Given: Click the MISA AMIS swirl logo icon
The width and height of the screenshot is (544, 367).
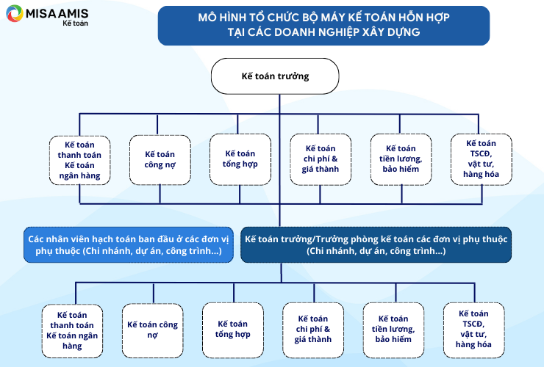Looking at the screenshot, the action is (15, 13).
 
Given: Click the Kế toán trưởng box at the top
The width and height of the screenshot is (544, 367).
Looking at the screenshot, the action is (275, 76).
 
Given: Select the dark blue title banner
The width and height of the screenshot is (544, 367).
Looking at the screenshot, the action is (323, 26).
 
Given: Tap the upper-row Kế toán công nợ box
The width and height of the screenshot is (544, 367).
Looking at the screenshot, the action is (160, 160).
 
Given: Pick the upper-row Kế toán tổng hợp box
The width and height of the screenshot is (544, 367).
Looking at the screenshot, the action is (240, 159).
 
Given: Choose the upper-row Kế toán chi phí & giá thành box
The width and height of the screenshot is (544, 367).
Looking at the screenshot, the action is (321, 159).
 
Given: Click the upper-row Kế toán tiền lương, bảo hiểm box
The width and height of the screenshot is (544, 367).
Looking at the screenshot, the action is (401, 159).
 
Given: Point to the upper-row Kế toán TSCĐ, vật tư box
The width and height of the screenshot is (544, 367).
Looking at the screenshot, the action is (482, 159).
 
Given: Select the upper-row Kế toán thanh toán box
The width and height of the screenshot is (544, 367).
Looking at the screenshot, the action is (79, 160).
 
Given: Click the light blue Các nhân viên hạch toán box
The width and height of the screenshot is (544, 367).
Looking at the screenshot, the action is (129, 244).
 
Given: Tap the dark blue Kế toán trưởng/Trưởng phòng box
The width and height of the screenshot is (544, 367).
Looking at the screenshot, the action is (376, 244).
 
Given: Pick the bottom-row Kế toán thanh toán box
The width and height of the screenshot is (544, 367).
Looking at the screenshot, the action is (72, 331).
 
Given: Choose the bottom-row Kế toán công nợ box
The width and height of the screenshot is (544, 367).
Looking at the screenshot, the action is (152, 330).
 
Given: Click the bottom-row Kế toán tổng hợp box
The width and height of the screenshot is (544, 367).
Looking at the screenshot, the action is (233, 330).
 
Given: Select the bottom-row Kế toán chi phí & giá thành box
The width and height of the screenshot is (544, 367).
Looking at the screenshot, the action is (313, 330).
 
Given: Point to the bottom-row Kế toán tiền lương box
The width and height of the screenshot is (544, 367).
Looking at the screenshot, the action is (393, 330).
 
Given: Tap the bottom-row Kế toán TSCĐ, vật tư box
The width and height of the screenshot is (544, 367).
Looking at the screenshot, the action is (473, 330).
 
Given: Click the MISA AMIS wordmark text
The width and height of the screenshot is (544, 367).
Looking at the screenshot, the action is (57, 13).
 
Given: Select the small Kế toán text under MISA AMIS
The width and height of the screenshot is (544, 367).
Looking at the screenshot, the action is (75, 23).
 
